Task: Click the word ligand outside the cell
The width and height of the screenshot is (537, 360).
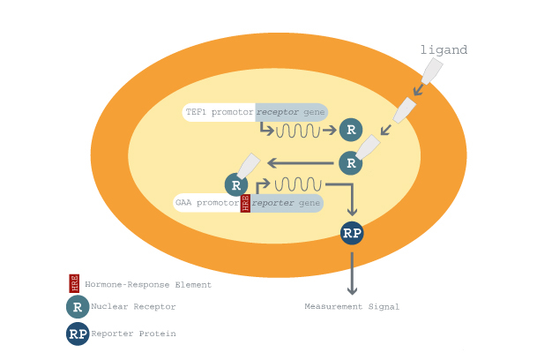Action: coord(444,50)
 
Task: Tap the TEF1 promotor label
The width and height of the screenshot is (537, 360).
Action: coord(220,112)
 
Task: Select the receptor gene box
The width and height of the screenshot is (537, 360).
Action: coord(292,112)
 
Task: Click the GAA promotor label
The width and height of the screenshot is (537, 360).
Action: coord(207,203)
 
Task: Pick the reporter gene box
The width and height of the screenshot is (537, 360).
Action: coord(287,203)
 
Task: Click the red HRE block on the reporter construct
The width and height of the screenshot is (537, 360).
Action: coord(245,203)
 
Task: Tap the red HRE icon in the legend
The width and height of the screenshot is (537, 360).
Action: coord(74,283)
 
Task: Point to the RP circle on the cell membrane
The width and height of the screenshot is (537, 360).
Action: coord(352,233)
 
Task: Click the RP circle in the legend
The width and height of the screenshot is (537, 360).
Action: coord(78,334)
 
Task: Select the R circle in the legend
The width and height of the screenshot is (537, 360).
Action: coord(78,307)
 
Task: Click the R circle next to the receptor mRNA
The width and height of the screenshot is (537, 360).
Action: coord(351,130)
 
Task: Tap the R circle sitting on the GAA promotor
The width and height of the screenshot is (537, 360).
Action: coord(236,184)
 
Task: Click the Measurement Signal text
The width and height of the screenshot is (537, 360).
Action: coord(352,306)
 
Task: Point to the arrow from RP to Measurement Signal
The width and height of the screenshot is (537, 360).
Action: coord(352,274)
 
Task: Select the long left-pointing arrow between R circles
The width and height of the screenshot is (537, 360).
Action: coord(301,163)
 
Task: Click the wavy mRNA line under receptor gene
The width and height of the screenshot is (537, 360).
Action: coord(298,131)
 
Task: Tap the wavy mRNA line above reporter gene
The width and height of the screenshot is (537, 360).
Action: coord(298,184)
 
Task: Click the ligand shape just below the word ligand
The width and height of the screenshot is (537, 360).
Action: coord(432,71)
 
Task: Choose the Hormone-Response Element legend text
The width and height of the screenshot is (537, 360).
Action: coord(148,285)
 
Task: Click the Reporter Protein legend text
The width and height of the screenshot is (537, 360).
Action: coord(133,334)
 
